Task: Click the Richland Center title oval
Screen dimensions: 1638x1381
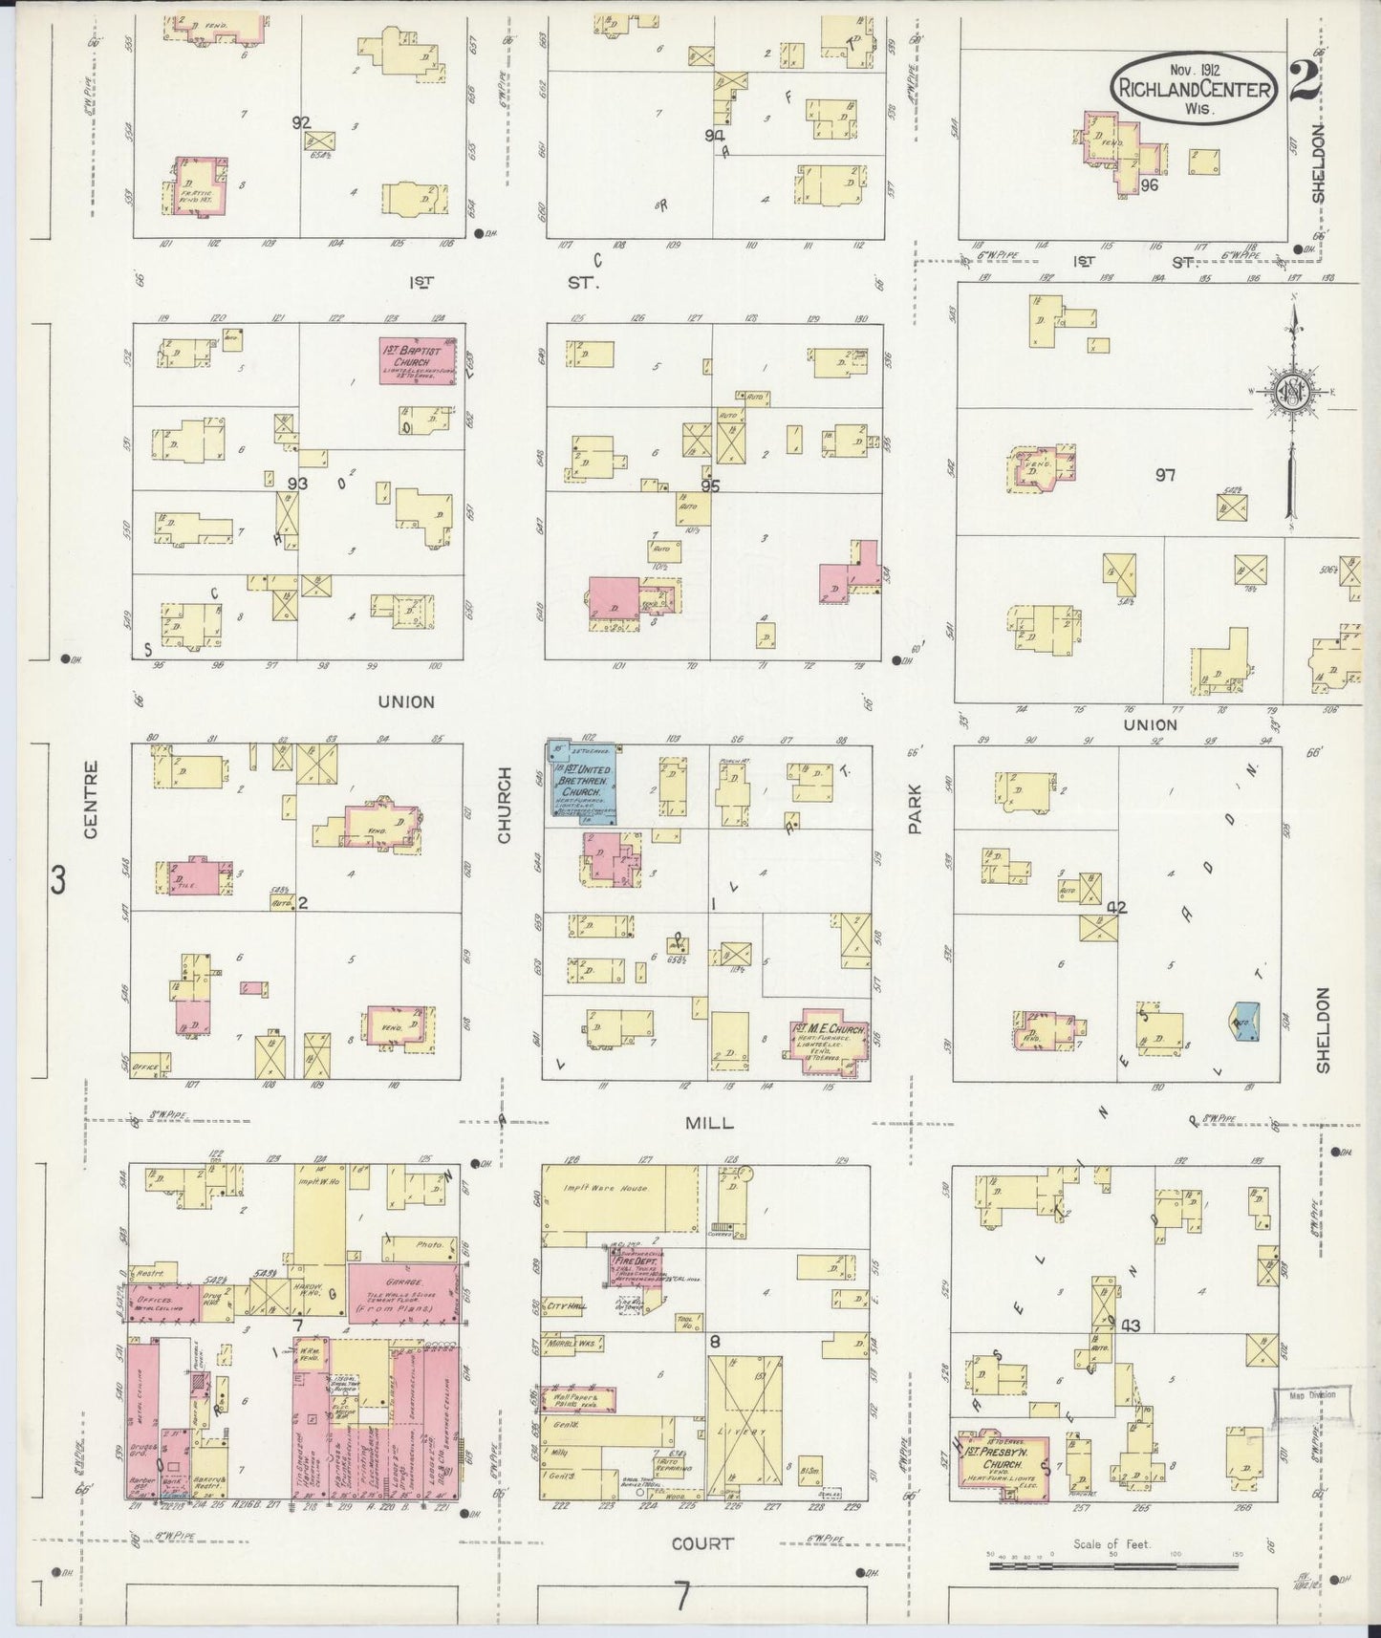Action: point(1194,87)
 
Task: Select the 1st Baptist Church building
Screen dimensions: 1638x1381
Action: point(421,361)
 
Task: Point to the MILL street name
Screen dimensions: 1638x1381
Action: point(709,1123)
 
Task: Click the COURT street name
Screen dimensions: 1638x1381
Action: point(702,1542)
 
